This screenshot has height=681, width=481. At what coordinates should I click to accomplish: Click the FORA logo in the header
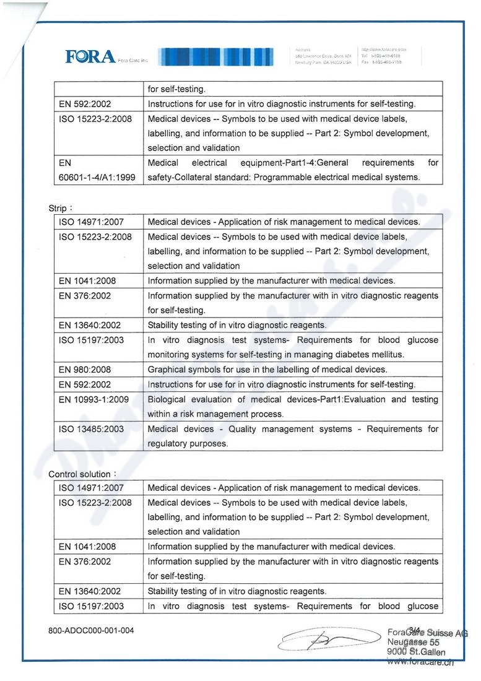[91, 57]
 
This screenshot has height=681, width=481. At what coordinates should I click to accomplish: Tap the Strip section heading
[59, 208]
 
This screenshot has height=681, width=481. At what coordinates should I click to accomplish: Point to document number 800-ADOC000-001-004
[91, 631]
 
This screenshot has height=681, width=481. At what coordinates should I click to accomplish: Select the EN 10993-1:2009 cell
[93, 399]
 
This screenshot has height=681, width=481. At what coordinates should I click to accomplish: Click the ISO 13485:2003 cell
[91, 429]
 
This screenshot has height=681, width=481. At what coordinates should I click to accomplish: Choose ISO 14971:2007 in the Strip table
[91, 222]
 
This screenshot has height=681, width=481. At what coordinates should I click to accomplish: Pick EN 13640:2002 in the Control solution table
[90, 591]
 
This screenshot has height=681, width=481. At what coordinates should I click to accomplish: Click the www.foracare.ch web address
[420, 662]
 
